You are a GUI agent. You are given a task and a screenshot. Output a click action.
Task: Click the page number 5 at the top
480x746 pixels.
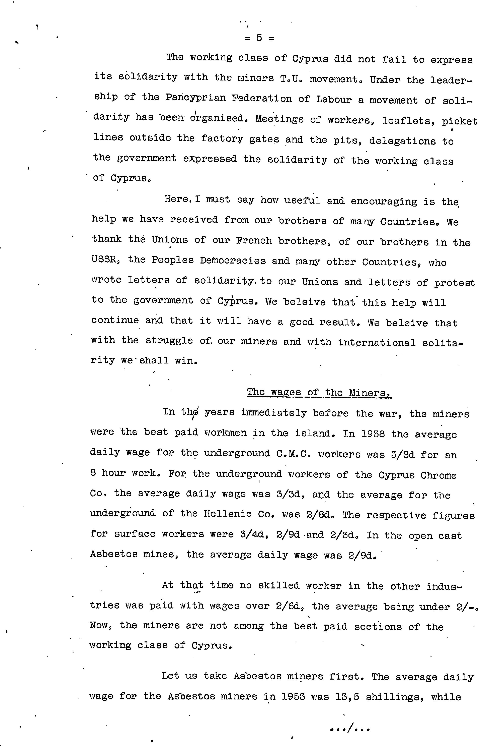pyautogui.click(x=259, y=38)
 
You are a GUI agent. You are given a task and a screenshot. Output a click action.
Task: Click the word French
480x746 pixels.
pyautogui.click(x=254, y=241)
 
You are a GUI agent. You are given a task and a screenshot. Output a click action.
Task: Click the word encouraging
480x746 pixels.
pyautogui.click(x=384, y=202)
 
